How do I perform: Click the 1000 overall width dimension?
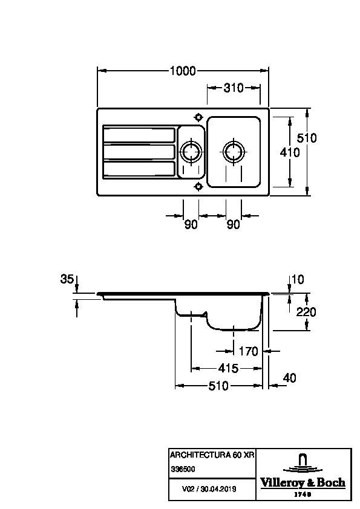click(183, 71)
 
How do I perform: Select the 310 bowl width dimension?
click(234, 88)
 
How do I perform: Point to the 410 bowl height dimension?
click(290, 152)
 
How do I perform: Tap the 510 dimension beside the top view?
click(307, 138)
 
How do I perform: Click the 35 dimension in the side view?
click(67, 279)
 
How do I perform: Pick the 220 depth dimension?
click(306, 312)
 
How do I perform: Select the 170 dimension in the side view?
click(248, 351)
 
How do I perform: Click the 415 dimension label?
click(229, 368)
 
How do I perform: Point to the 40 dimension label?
click(289, 378)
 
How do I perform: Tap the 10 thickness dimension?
click(298, 279)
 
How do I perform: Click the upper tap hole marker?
click(198, 117)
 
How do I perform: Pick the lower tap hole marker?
click(198, 187)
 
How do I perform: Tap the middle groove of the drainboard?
click(139, 152)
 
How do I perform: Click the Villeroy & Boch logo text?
click(303, 482)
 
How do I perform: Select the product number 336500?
click(183, 469)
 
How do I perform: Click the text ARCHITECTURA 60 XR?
click(212, 455)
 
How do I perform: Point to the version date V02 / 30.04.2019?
click(209, 489)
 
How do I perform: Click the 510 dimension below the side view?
click(218, 386)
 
